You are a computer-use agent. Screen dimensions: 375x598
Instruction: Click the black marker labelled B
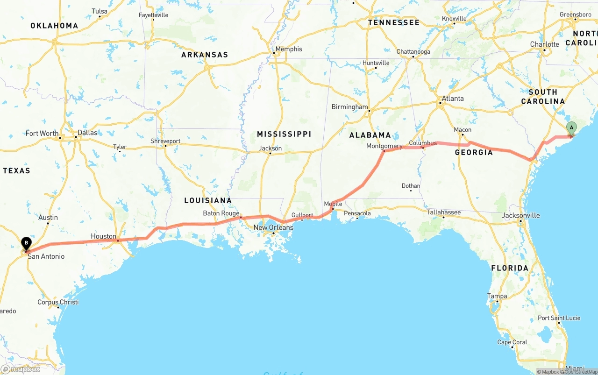pos(27,243)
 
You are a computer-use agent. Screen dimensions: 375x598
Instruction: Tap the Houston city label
pos(103,236)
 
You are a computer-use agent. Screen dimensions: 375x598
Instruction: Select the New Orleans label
pos(273,227)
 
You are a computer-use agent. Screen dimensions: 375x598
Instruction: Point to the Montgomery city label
pos(384,146)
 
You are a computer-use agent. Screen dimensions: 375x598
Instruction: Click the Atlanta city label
pos(453,99)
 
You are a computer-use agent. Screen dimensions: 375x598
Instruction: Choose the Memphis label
pos(289,49)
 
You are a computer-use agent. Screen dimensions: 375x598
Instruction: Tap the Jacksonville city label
pos(520,215)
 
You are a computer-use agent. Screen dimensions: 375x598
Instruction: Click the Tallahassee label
pos(443,212)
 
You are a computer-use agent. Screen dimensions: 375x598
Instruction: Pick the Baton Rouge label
pos(221,213)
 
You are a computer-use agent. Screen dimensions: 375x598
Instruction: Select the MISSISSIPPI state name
pos(284,134)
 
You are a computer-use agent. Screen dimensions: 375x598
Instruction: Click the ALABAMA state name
pos(370,135)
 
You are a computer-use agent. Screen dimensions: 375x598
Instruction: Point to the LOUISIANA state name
pos(208,200)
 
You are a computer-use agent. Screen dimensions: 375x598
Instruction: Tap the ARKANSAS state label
pos(205,55)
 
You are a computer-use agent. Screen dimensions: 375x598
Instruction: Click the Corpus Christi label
pos(58,302)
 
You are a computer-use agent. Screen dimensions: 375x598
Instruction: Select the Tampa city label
pos(497,296)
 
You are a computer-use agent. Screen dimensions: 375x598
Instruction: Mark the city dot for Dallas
pos(76,137)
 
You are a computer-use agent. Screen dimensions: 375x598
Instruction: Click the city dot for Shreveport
pos(165,146)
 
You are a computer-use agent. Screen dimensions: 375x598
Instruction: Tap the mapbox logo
pos(21,369)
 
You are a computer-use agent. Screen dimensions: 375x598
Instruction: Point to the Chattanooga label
pos(413,51)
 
